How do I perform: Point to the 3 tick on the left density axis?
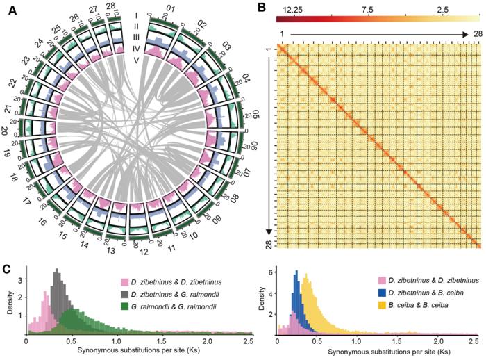coord(20,282)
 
